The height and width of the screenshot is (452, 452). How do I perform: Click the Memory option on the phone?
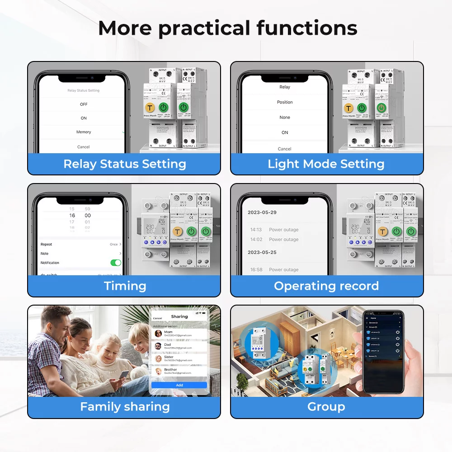[x=84, y=132]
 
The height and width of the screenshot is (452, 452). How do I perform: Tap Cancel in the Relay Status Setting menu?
[x=84, y=147]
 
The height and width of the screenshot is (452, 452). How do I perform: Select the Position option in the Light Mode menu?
[x=285, y=102]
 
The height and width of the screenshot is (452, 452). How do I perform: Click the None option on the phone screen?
[x=285, y=118]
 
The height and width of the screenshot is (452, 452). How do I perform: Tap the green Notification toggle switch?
[x=116, y=263]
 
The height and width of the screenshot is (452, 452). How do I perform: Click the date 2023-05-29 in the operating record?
[x=262, y=212]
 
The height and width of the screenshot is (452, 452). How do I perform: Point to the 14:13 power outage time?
[x=256, y=230]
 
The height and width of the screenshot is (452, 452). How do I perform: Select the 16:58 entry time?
[x=256, y=270]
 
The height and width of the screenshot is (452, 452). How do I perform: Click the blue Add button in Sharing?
[x=179, y=385]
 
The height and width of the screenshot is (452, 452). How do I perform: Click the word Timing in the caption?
[x=125, y=286]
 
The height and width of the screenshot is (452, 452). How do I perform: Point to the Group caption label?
[x=326, y=407]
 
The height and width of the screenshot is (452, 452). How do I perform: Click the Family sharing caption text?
[x=125, y=407]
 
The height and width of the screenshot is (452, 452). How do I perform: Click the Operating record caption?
[x=326, y=286]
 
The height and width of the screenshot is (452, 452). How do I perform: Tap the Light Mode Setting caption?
[x=326, y=164]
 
